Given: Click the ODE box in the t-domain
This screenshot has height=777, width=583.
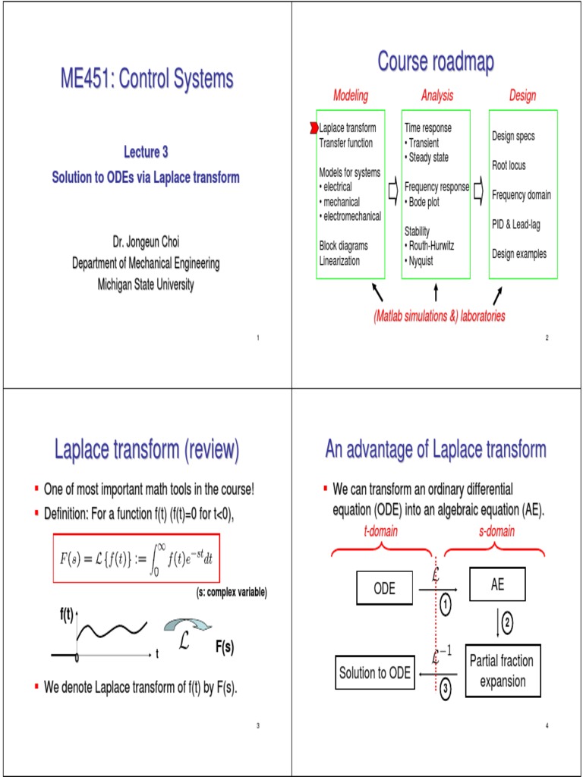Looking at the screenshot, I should click(385, 588).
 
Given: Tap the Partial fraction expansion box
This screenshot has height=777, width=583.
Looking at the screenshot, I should click(501, 671).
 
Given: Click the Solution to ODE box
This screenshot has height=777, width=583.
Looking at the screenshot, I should click(374, 672).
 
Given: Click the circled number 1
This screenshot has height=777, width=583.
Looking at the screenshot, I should click(445, 606).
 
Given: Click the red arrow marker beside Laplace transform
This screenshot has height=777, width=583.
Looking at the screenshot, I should click(314, 128).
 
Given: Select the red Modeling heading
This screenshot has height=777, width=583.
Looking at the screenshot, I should click(351, 96).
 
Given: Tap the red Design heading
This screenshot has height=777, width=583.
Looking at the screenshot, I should click(522, 96).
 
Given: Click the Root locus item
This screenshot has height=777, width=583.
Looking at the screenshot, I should click(509, 165).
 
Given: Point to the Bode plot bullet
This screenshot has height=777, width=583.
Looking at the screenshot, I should click(422, 203).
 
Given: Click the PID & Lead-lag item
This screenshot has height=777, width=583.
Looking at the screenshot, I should click(516, 225).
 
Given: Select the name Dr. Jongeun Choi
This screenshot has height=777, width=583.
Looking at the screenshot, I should click(146, 242).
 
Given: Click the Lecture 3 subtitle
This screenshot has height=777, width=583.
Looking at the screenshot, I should click(146, 153).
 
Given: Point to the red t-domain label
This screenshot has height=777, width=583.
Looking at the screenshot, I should click(381, 532).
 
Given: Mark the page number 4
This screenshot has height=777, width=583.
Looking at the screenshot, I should click(547, 727).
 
